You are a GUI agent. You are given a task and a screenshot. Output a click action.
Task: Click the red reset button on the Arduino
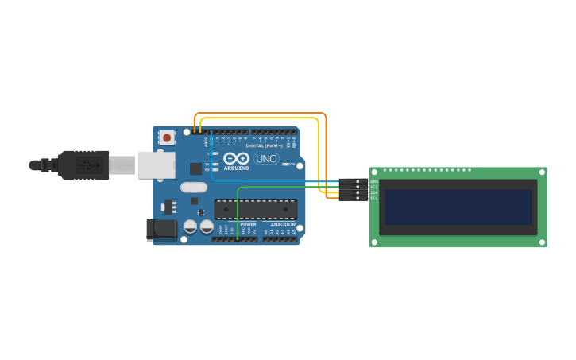pyautogui.click(x=167, y=137)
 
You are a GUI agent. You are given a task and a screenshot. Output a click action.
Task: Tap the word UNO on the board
pyautogui.click(x=266, y=159)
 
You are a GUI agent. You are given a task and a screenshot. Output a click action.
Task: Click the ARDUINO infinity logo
pyautogui.click(x=236, y=158)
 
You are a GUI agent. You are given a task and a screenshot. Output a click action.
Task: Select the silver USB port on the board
pyautogui.click(x=157, y=165)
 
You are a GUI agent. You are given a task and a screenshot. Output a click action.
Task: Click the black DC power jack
pyautogui.click(x=162, y=230)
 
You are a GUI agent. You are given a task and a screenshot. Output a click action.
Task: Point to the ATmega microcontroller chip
pyautogui.click(x=256, y=210)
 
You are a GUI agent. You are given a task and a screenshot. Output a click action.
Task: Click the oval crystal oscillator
pyautogui.click(x=193, y=188)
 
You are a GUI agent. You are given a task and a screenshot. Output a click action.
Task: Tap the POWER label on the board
pyautogui.click(x=248, y=225)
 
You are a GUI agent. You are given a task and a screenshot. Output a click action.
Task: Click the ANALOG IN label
pyautogui.click(x=283, y=225)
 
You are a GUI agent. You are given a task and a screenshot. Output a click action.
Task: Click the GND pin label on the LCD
pyautogui.click(x=373, y=181)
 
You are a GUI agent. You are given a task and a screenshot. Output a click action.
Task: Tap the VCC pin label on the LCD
pyautogui.click(x=373, y=187)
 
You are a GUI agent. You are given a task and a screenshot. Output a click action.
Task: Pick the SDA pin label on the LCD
pyautogui.click(x=373, y=192)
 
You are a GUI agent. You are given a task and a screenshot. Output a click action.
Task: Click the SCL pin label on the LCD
pyautogui.click(x=373, y=198)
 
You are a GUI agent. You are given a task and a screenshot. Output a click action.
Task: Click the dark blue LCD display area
pyautogui.click(x=458, y=207)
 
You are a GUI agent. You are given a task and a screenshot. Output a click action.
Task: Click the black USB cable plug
pyautogui.click(x=83, y=165)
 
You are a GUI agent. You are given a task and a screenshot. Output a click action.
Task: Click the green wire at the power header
pyautogui.click(x=238, y=236)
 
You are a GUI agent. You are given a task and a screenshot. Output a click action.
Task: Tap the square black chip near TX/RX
pyautogui.click(x=195, y=168)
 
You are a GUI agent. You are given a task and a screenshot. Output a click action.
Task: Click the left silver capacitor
pyautogui.click(x=191, y=227)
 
